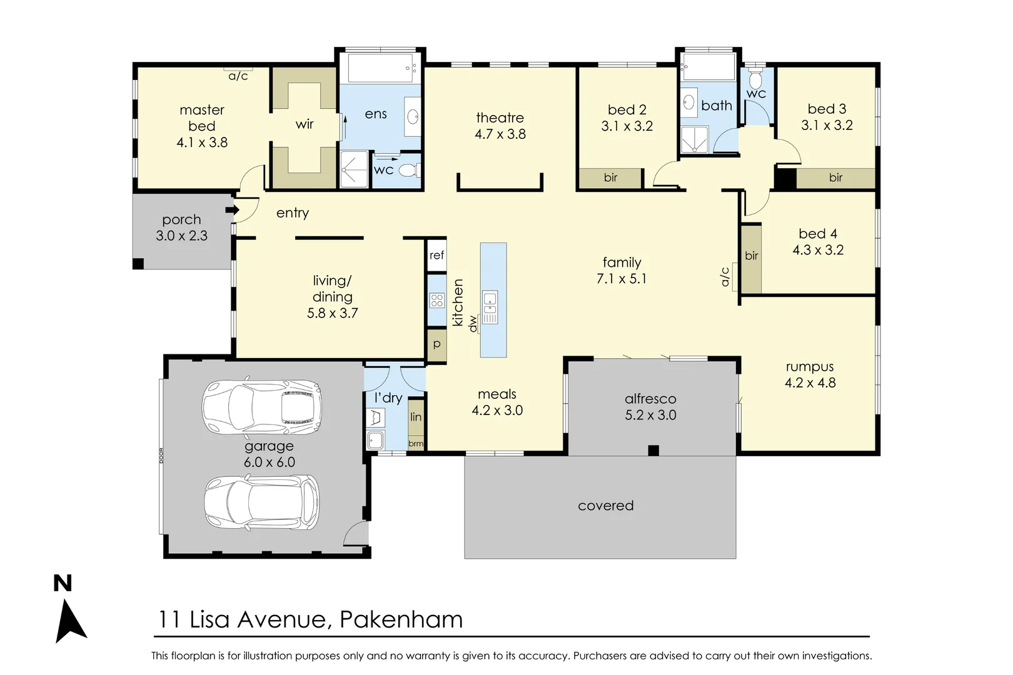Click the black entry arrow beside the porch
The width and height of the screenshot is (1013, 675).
tap(233, 210)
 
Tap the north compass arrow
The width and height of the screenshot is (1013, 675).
tap(70, 621)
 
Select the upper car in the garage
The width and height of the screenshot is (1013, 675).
tap(262, 407)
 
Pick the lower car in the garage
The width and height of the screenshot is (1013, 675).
tap(262, 502)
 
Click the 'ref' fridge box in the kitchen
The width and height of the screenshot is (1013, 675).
tap(437, 255)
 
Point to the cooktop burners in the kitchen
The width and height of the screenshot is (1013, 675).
tap(437, 300)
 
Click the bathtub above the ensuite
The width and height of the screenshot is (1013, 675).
tap(381, 68)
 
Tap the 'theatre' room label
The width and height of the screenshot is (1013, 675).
tap(500, 117)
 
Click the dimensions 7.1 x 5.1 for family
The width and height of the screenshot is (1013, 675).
tap(622, 279)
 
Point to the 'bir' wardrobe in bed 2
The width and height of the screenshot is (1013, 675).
tap(610, 177)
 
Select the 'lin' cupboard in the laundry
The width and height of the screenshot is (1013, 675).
tap(416, 417)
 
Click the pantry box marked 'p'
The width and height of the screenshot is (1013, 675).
tap(437, 344)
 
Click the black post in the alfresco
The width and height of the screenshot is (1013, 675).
tap(653, 450)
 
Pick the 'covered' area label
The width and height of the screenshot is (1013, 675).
tap(605, 506)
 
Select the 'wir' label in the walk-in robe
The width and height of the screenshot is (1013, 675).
tap(305, 124)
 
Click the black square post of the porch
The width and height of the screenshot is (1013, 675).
tap(138, 264)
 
